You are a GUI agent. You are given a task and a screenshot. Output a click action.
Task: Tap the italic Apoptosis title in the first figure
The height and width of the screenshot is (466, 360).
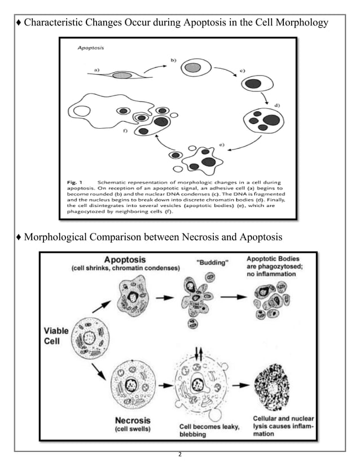point(90,49)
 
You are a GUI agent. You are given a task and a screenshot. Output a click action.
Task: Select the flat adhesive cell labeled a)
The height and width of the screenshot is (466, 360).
point(121,74)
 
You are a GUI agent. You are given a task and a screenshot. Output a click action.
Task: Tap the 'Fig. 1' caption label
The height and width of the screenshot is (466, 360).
point(74,182)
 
